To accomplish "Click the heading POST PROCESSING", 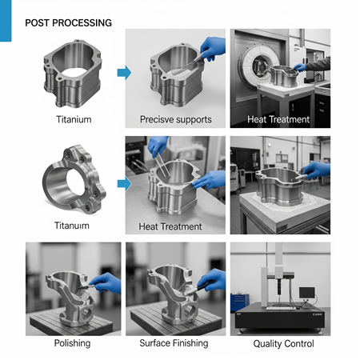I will pyautogui.click(x=69, y=22).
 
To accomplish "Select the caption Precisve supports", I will pyautogui.click(x=176, y=120).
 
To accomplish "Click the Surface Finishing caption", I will pyautogui.click(x=174, y=343).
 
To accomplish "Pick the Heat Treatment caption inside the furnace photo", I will pyautogui.click(x=278, y=120).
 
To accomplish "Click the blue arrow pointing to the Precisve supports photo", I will pyautogui.click(x=123, y=74).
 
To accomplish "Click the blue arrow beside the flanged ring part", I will pyautogui.click(x=123, y=183).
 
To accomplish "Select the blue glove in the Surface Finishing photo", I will pyautogui.click(x=211, y=279).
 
